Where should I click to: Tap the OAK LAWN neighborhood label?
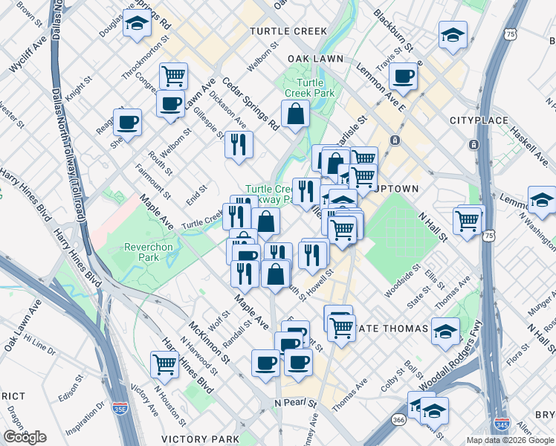click(x=314, y=58)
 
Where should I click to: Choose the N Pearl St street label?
click(x=295, y=403)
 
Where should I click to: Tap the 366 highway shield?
click(x=399, y=420)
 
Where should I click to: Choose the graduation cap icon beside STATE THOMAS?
click(x=445, y=331)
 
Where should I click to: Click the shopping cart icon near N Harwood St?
click(x=164, y=363)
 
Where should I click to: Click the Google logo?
click(x=25, y=437)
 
